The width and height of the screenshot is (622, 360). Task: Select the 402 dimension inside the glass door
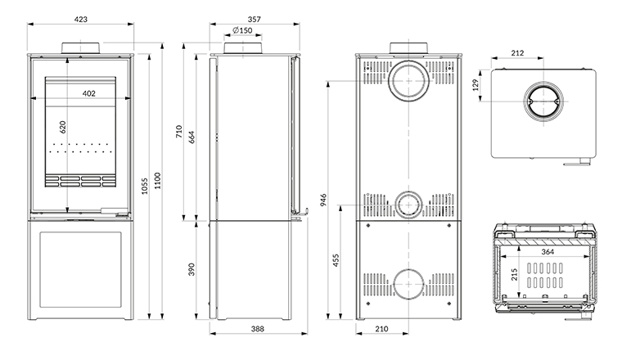tap(89, 93)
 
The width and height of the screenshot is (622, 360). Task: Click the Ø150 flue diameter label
tap(242, 30)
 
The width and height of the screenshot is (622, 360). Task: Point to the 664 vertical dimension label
tap(192, 137)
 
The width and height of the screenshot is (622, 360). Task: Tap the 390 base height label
tap(192, 270)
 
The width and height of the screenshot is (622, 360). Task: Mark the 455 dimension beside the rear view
tap(336, 260)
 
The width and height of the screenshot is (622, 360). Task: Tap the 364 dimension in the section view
tap(547, 251)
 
